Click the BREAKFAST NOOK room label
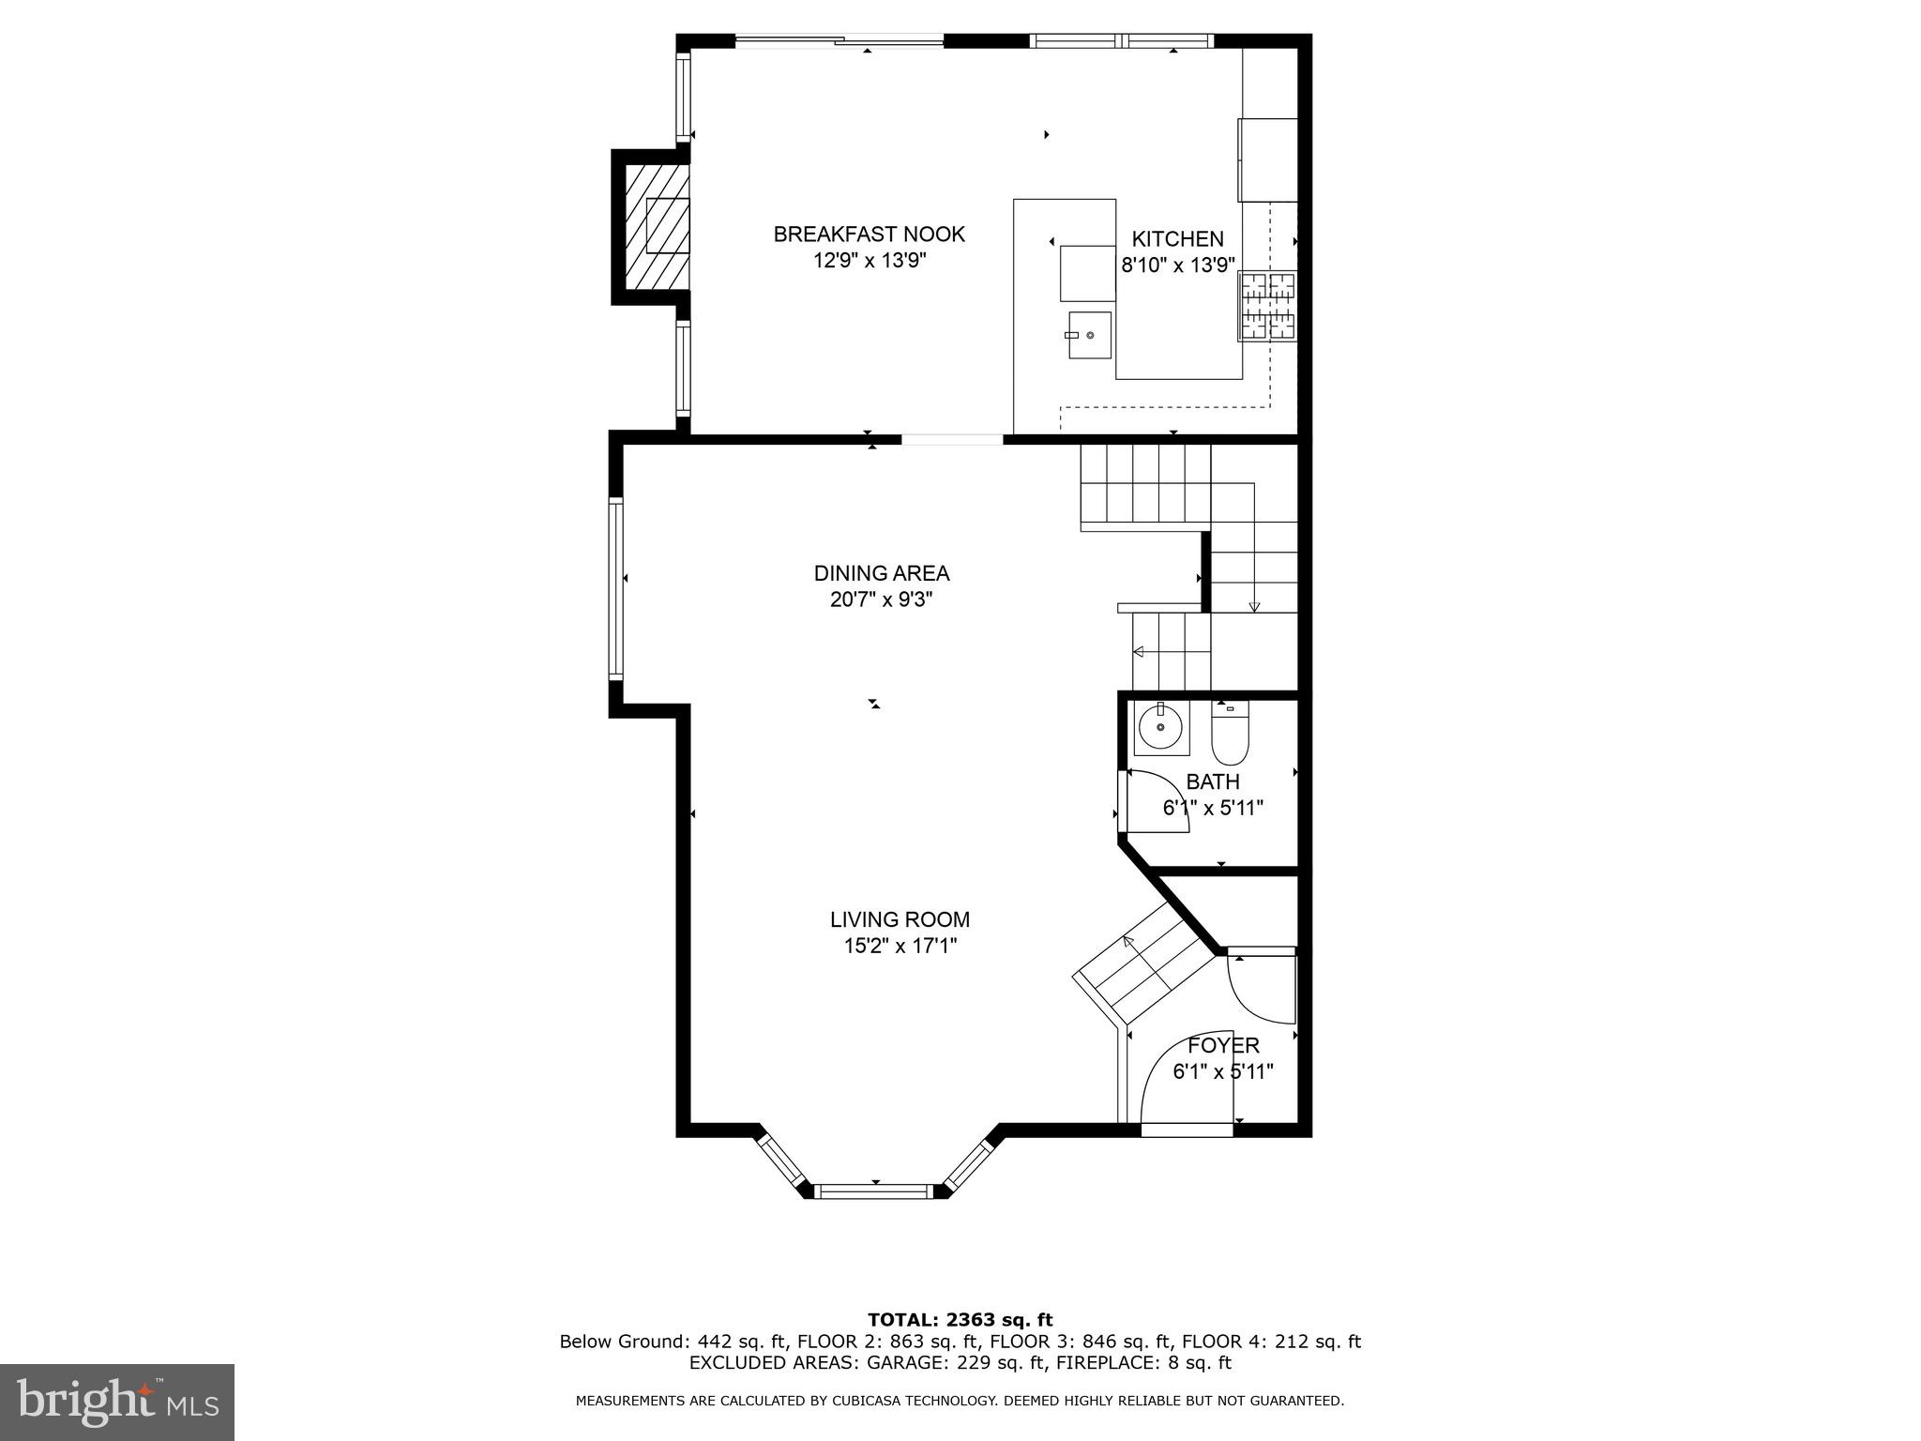tap(869, 235)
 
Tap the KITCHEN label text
tap(1177, 239)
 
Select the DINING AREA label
tap(881, 573)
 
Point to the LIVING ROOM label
tap(900, 920)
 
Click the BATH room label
tap(1212, 781)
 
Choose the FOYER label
tap(1223, 1045)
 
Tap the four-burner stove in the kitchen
tap(1269, 305)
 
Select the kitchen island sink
tap(1088, 335)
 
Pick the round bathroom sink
tap(1161, 728)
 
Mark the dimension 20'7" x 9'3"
tap(881, 599)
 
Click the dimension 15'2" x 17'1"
tap(900, 947)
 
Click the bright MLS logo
tap(116, 1402)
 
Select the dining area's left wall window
tap(616, 588)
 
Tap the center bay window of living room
tap(874, 1191)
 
